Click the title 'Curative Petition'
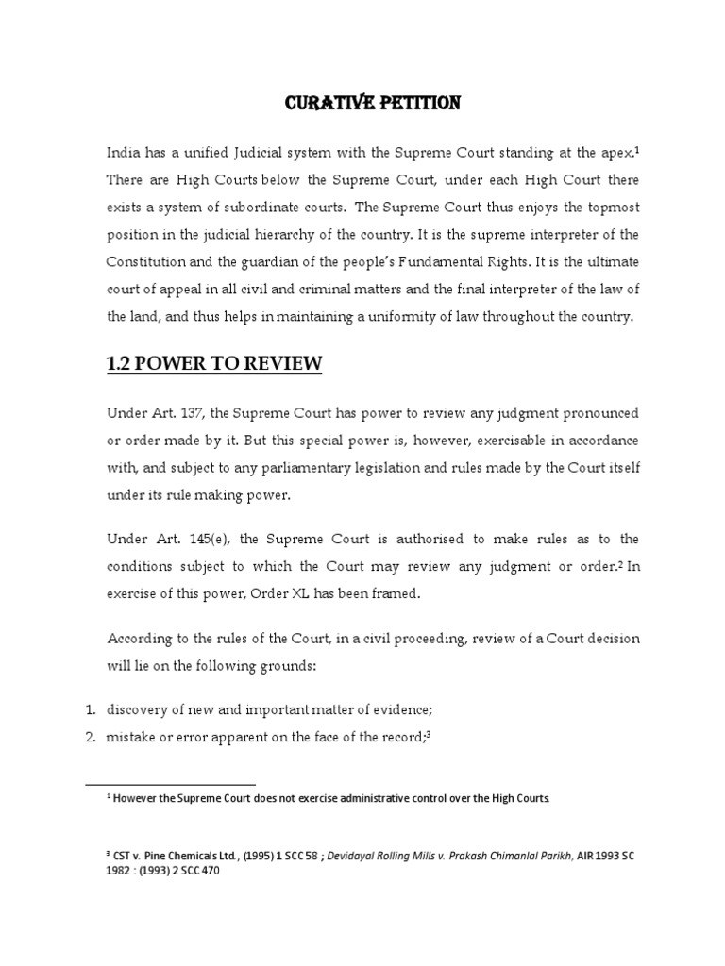(373, 104)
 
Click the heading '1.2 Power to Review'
(214, 363)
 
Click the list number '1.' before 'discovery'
(92, 710)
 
